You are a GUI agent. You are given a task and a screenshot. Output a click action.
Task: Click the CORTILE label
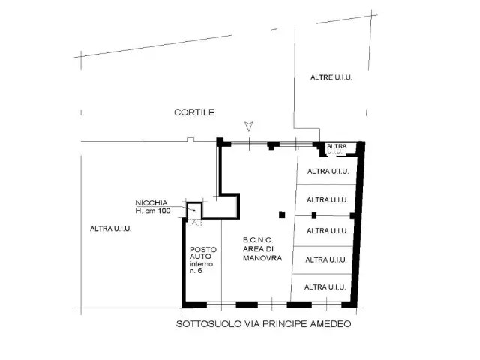pyautogui.click(x=194, y=112)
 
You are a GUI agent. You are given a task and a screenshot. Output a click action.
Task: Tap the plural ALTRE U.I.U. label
pyautogui.click(x=331, y=77)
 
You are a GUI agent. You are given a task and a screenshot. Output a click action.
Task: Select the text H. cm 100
pyautogui.click(x=153, y=211)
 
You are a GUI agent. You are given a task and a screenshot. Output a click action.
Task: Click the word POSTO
pyautogui.click(x=203, y=250)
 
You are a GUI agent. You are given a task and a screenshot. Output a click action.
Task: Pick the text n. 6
pyautogui.click(x=196, y=271)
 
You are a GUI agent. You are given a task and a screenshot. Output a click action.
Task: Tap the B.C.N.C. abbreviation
pyautogui.click(x=258, y=240)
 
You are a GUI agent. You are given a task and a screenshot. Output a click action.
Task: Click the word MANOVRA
pyautogui.click(x=262, y=258)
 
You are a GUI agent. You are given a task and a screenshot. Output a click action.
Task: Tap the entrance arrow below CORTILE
pyautogui.click(x=249, y=127)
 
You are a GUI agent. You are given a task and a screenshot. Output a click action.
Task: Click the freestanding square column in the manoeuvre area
pyautogui.click(x=282, y=215)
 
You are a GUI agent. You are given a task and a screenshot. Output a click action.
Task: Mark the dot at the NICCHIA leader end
pyautogui.click(x=194, y=211)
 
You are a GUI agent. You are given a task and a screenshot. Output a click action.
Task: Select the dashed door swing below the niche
pyautogui.click(x=194, y=223)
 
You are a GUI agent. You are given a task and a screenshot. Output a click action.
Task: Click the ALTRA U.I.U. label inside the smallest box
pyautogui.click(x=337, y=148)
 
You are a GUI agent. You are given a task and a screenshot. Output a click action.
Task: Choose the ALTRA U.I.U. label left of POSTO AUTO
pyautogui.click(x=111, y=229)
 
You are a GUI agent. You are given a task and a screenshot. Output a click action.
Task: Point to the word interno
pyautogui.click(x=201, y=264)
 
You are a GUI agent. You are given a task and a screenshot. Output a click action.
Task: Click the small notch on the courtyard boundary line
pyautogui.click(x=190, y=139)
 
